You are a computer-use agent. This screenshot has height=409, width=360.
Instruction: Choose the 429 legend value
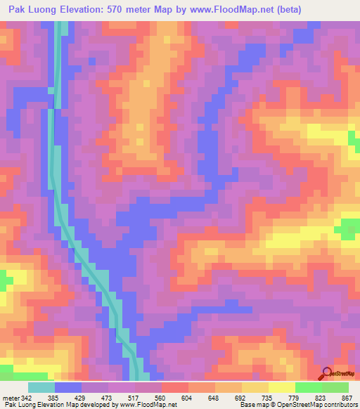point(81,397)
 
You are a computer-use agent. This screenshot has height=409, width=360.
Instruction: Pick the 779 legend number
point(292,397)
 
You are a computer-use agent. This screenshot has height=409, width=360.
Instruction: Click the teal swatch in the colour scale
point(41,387)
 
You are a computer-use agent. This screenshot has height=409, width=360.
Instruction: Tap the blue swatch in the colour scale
point(68,387)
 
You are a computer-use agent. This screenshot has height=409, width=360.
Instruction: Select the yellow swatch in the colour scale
point(282,387)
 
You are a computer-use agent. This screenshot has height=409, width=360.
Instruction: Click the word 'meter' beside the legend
point(11,397)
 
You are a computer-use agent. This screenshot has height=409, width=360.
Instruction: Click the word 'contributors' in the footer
point(341,405)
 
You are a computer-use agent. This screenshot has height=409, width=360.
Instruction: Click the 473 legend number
point(108,397)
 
